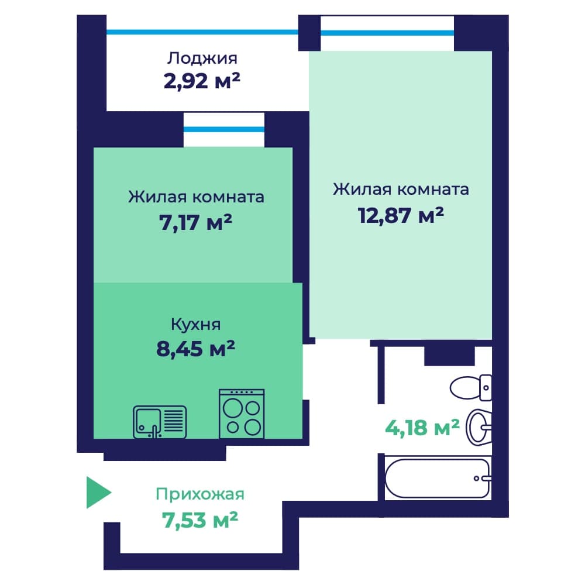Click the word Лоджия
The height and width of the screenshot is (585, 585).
click(202, 58)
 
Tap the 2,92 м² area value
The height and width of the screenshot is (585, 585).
click(202, 81)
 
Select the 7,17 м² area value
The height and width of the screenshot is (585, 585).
click(196, 222)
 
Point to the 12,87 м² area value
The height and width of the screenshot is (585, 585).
click(401, 215)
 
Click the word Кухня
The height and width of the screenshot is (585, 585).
click(196, 324)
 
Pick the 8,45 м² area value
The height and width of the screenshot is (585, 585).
click(196, 349)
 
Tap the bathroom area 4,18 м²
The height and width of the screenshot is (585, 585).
click(422, 428)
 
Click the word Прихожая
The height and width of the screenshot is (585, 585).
click(200, 494)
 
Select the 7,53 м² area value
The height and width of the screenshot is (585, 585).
click(200, 520)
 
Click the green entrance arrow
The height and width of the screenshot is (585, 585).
click(97, 493)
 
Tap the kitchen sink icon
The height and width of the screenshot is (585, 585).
click(160, 422)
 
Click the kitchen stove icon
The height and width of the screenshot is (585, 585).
click(242, 414)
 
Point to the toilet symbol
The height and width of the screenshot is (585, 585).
click(471, 388)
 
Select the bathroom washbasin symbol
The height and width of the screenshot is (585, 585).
click(479, 427)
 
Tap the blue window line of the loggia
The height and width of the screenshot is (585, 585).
click(202, 32)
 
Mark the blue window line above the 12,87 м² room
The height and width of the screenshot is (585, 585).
click(387, 33)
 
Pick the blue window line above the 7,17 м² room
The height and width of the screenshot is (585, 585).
click(224, 129)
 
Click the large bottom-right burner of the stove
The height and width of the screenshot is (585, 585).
click(253, 427)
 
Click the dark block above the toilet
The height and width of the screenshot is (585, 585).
click(449, 356)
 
